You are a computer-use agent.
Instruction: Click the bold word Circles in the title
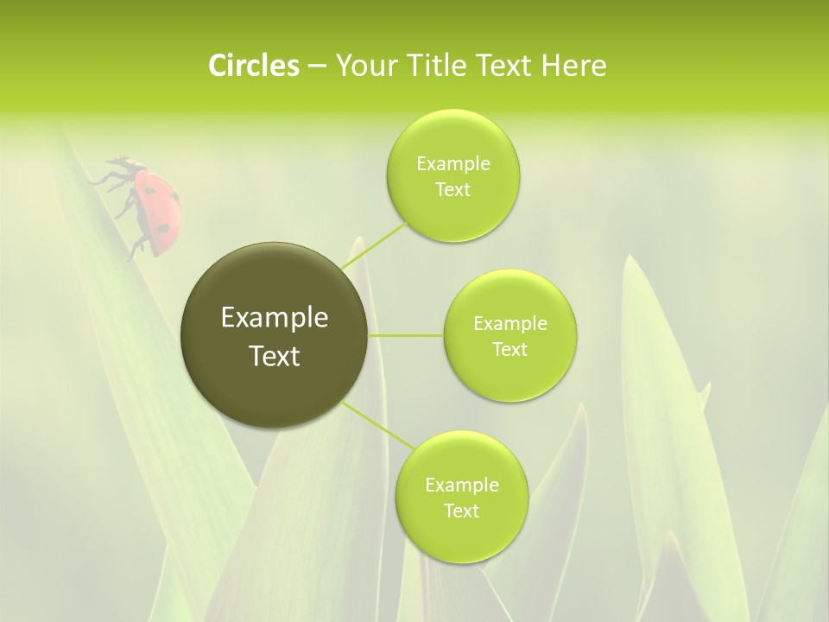coord(253,66)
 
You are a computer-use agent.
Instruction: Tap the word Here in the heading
coord(573,66)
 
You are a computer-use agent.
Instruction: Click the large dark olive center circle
coord(274,335)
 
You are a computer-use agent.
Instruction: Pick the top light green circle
coord(452,176)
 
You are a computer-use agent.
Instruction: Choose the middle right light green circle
coord(510,335)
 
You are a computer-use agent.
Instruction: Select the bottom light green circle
coord(461,497)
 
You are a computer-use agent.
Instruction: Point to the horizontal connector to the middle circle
coord(405,334)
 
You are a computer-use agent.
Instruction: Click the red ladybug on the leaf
coord(147,206)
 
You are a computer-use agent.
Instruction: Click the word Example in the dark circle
coord(274,318)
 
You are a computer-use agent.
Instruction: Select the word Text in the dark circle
coord(274,356)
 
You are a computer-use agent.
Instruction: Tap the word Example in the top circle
coord(452,164)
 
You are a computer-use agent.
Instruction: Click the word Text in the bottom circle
coord(461,511)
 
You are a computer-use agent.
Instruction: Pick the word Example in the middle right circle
coord(510,324)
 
